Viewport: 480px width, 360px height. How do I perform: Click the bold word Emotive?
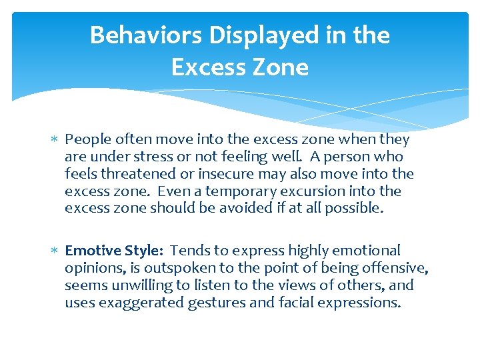pos(93,251)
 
